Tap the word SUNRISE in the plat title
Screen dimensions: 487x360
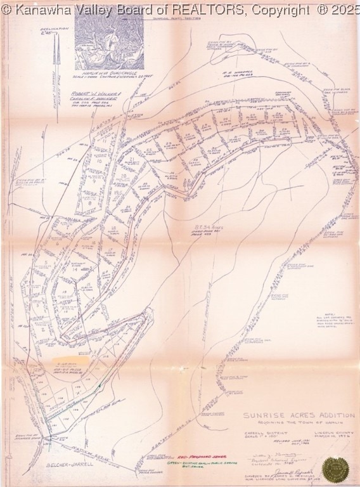(261, 417)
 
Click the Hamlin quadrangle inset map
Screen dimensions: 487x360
(109, 38)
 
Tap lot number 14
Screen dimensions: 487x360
(75, 269)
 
